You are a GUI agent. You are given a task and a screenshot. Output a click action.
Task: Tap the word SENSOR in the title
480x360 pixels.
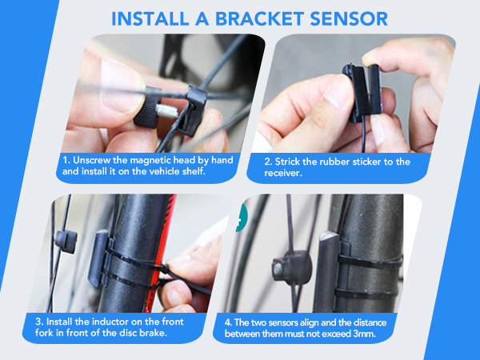point(349,19)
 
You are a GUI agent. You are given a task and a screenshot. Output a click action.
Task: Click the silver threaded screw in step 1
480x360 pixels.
point(167,110)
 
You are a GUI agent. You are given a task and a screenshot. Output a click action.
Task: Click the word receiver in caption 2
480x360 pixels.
point(283,174)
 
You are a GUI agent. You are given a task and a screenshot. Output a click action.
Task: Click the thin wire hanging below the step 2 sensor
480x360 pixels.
point(363,134)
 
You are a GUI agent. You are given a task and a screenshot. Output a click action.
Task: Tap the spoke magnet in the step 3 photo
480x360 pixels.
point(66,242)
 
